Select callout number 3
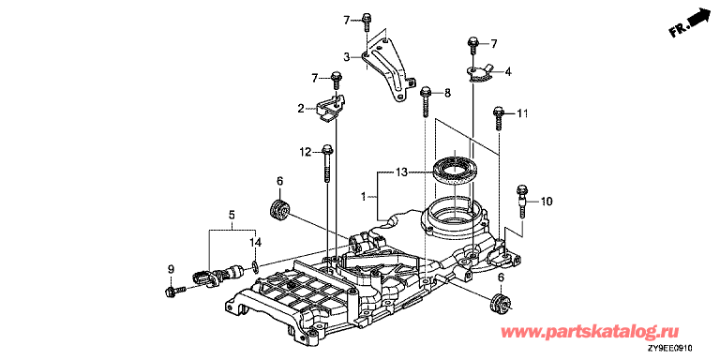coord(347,57)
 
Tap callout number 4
coord(507,71)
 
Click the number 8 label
coord(447,93)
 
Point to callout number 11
coord(522,112)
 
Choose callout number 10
coord(547,202)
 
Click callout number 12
coord(306,152)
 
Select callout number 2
coord(301,109)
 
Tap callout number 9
coord(171,270)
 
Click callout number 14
coord(255,242)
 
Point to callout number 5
coord(232,214)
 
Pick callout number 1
coord(363,197)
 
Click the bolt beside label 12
coord(326,164)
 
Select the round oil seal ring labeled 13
coord(454,170)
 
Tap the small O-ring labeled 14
coord(255,264)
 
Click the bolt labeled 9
coord(173,291)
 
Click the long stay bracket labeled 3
coord(385,68)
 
